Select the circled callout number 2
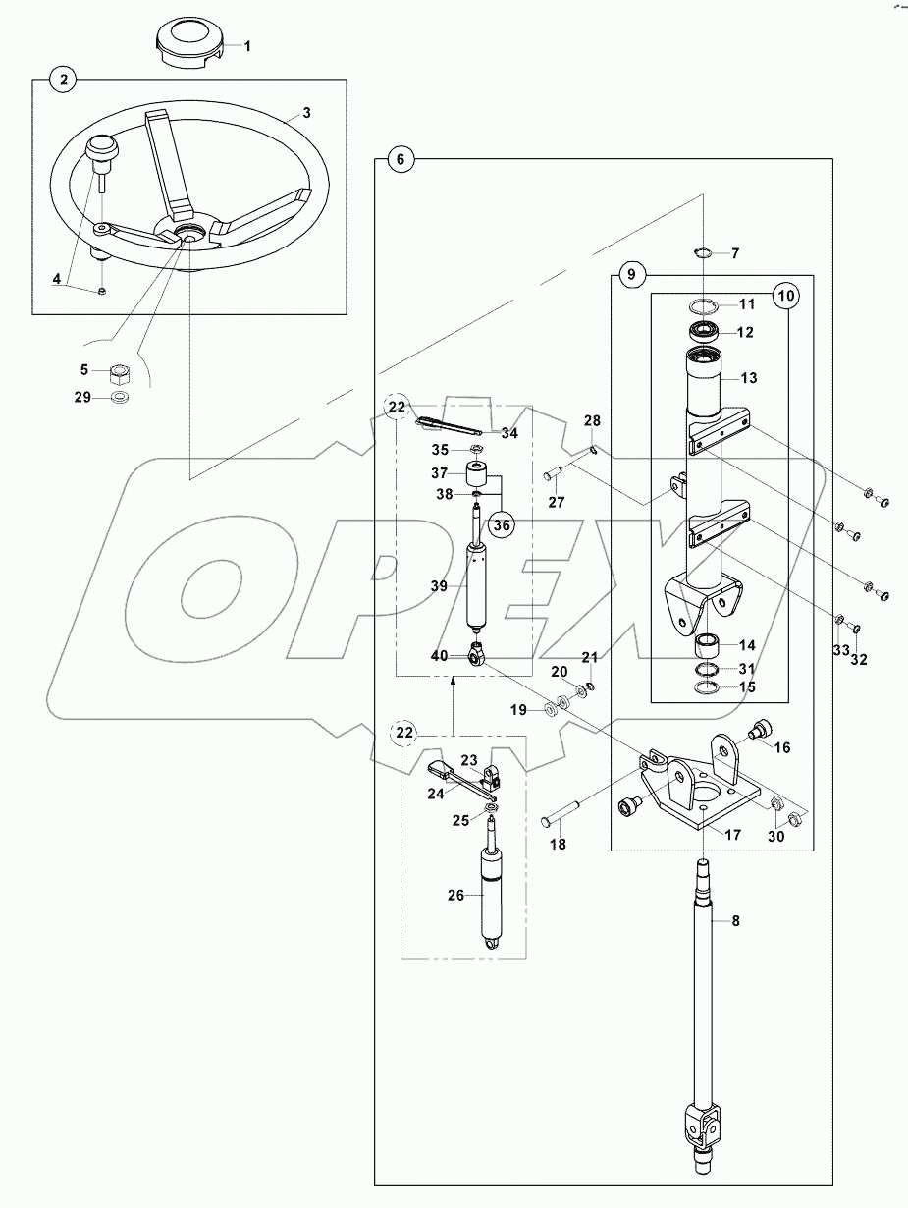tap(63, 81)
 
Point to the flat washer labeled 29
tap(120, 398)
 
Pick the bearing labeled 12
tap(705, 331)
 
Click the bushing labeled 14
tap(705, 646)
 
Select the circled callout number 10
tap(784, 295)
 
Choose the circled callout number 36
tap(502, 525)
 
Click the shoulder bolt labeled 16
tap(759, 729)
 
